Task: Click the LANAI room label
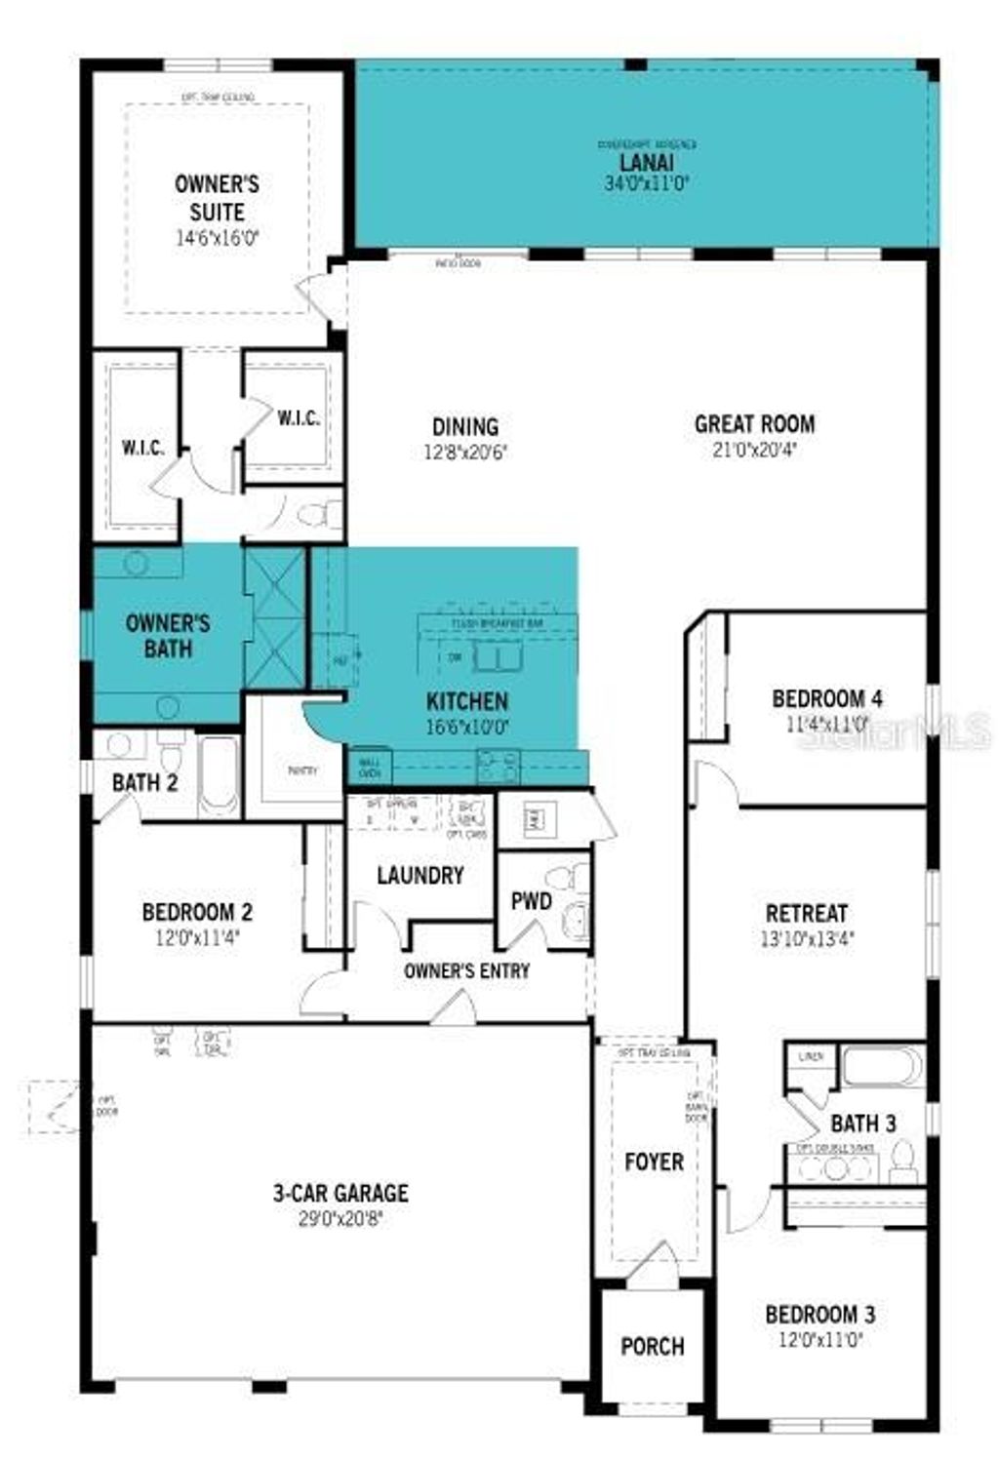pos(646,163)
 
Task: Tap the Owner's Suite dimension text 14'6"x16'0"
pos(217,238)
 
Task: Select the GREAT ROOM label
pos(754,424)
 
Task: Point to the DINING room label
pos(465,427)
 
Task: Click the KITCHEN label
pos(466,701)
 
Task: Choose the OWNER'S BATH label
pos(168,636)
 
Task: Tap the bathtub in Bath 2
pos(219,775)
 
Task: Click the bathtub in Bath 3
pos(881,1066)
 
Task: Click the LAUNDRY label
pos(420,876)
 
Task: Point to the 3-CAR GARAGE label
pos(340,1193)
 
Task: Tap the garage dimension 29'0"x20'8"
pos(340,1218)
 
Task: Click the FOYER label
pos(654,1162)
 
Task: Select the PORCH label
pos(653,1347)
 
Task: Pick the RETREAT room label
pos(806,914)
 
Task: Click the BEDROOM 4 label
pos(827,699)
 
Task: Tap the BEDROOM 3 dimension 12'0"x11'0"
pos(819,1340)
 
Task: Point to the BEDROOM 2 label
pos(197,913)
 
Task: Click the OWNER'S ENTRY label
pos(466,971)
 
